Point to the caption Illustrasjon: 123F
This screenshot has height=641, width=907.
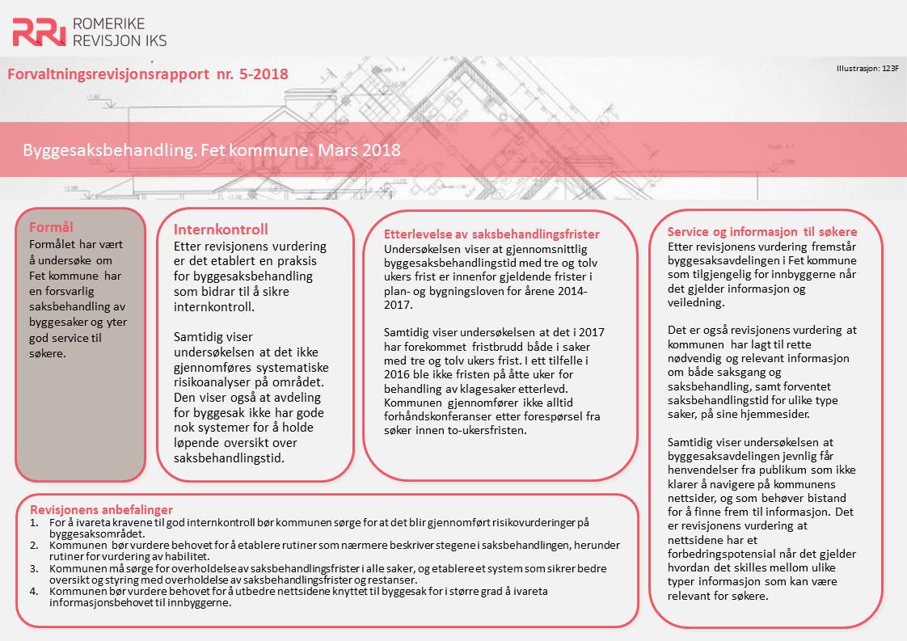(867, 69)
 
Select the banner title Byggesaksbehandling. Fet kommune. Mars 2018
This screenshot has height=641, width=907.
(212, 150)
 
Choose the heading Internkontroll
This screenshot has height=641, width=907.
(221, 230)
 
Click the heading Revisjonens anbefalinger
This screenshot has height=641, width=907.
(101, 510)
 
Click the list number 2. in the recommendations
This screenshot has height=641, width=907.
(34, 546)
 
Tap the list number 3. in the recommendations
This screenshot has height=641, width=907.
(34, 569)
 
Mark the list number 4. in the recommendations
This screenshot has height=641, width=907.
(34, 592)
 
